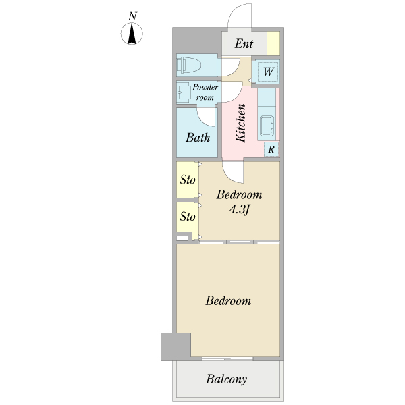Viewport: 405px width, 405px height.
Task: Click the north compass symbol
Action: (132, 33)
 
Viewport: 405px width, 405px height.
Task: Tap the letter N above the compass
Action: (132, 16)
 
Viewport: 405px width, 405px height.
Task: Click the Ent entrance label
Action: (244, 43)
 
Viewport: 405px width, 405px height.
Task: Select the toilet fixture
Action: (189, 65)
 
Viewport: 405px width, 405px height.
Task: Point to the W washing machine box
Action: (268, 72)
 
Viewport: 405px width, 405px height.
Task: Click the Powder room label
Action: (205, 92)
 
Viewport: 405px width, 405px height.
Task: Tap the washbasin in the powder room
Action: (184, 92)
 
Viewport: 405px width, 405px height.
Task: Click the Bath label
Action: (198, 138)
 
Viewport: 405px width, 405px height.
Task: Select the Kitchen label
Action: (240, 123)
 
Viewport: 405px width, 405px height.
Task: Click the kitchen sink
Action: (267, 126)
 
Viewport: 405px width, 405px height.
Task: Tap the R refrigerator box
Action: (271, 149)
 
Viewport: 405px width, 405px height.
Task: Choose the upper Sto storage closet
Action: (188, 180)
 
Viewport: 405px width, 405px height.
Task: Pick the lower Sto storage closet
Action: (188, 217)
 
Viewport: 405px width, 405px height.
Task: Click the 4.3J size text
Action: (239, 209)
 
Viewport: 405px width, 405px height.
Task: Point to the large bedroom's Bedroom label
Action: (228, 301)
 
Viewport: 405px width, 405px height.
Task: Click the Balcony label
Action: (227, 379)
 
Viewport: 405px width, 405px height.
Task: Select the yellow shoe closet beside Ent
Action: (273, 43)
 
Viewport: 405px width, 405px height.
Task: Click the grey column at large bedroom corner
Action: (176, 347)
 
